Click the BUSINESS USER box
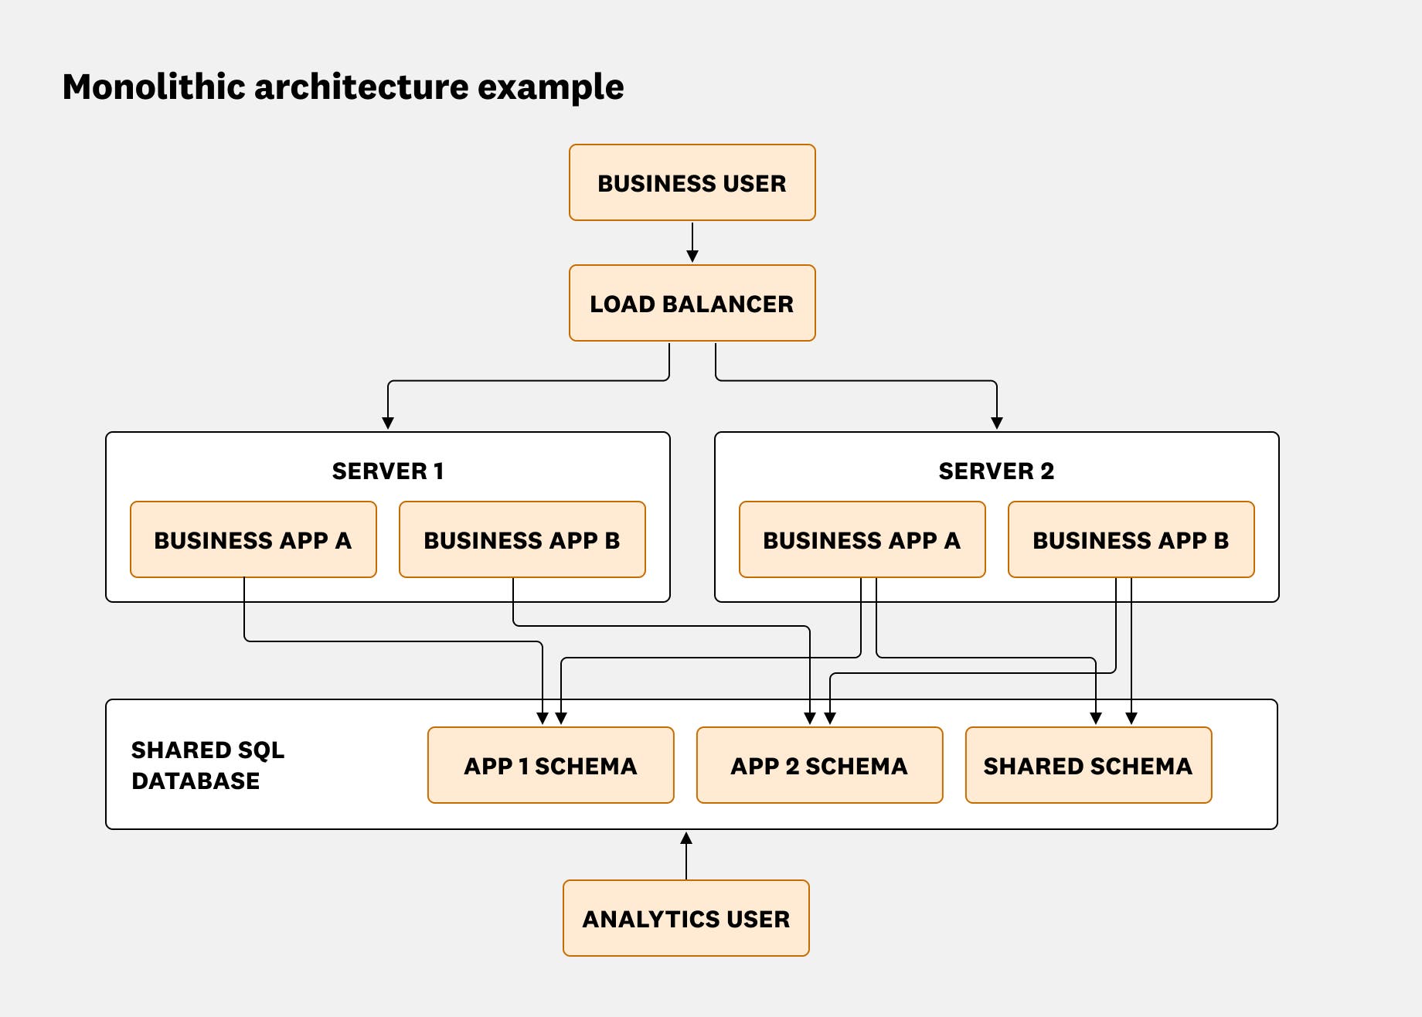pos(692,183)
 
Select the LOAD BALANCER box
pos(692,304)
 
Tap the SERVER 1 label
pos(387,471)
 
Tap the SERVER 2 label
pos(996,471)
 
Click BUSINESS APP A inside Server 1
pos(253,540)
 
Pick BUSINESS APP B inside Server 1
pos(522,540)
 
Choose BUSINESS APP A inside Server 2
pos(862,540)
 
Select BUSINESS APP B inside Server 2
pos(1131,540)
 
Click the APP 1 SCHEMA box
pos(550,766)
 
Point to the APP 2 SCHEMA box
pos(819,766)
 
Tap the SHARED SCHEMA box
pos(1088,766)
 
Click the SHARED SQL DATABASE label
pos(207,765)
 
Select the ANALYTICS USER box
pos(685,919)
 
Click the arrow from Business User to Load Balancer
pos(692,242)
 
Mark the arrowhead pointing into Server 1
pos(388,423)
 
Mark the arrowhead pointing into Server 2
pos(997,423)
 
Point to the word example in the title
pos(550,87)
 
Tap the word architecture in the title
pos(361,87)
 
